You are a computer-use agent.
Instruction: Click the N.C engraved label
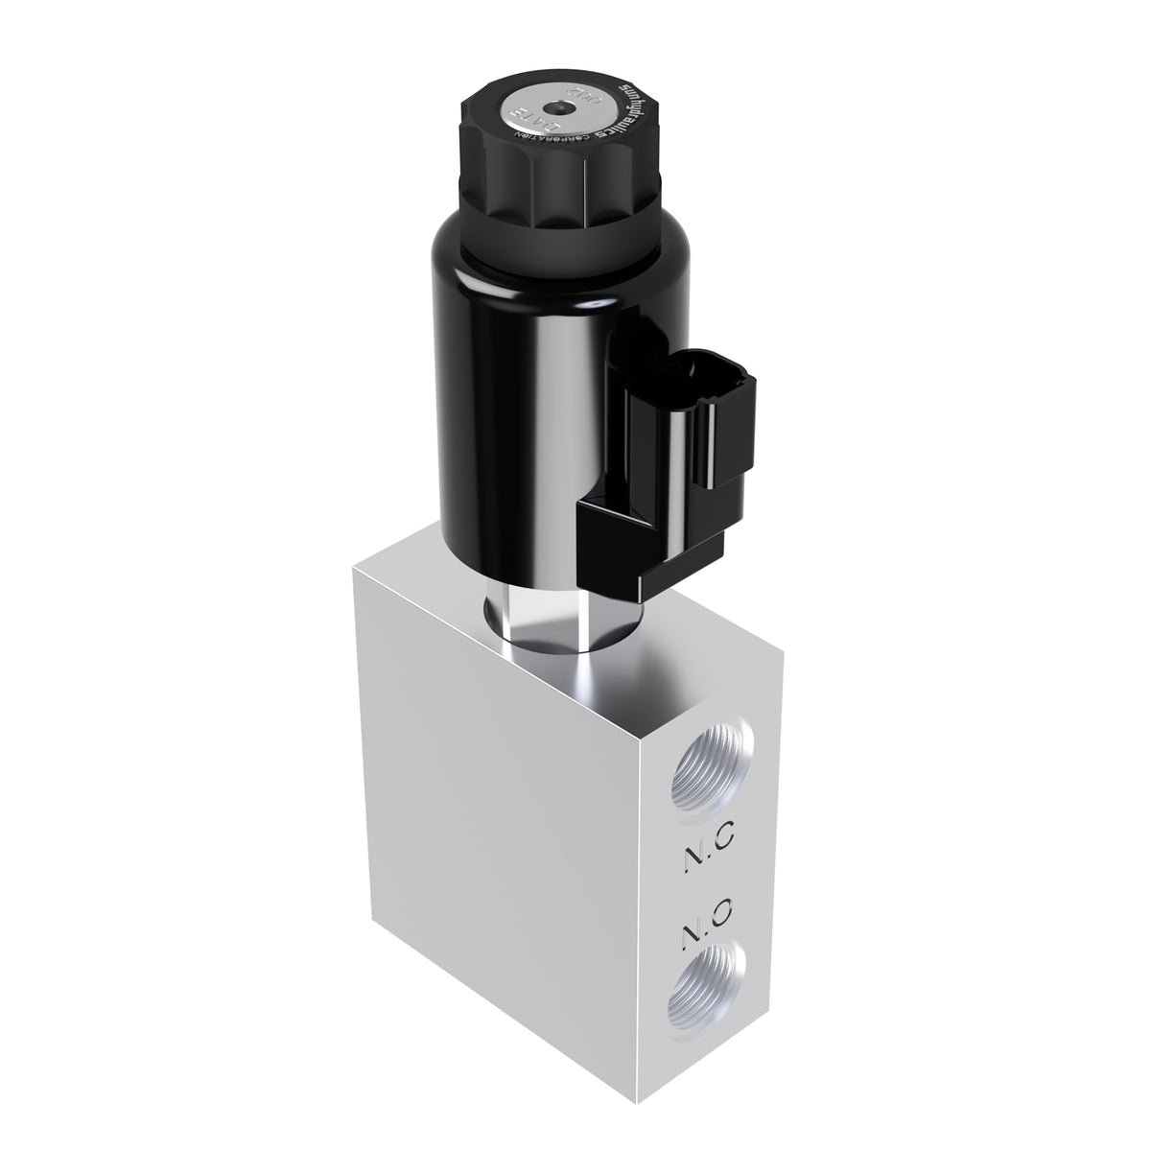(710, 838)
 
